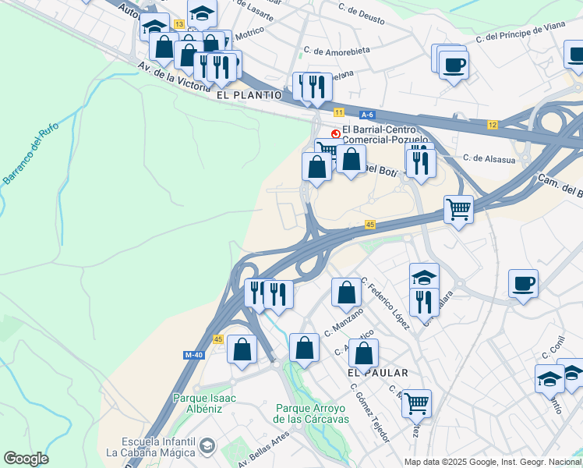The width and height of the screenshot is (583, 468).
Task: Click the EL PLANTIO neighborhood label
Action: point(249,94)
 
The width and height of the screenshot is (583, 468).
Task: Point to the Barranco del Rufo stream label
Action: point(21,161)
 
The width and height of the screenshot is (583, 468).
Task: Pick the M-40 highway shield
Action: point(194,355)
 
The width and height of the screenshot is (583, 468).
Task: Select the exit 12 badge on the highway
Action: point(493,125)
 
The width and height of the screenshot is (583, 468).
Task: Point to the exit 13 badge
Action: point(179,25)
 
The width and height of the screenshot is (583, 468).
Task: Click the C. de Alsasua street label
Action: point(487,158)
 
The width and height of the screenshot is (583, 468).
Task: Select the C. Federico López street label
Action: point(385,303)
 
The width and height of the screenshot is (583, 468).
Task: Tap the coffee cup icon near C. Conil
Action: point(523,282)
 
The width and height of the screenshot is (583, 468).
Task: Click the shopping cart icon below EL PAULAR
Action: point(416,402)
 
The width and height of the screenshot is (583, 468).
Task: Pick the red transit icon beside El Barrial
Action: point(336,133)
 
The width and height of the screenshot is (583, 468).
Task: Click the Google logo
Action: point(26,459)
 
